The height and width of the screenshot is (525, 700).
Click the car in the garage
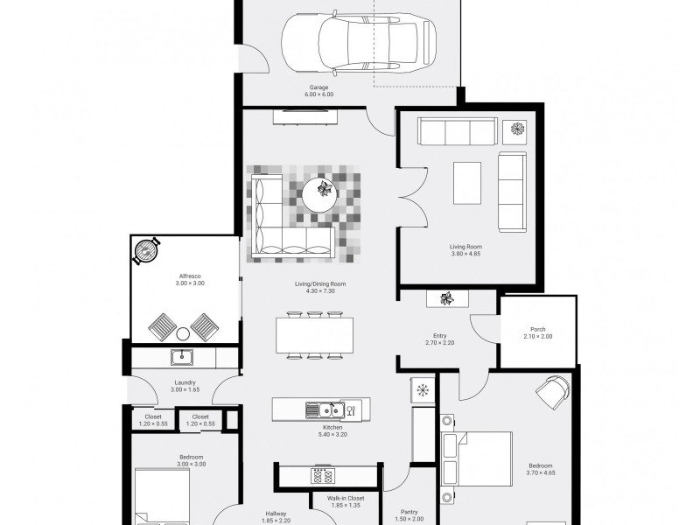358,42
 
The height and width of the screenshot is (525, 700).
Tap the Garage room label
318,87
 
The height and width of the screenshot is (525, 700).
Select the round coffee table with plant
319,195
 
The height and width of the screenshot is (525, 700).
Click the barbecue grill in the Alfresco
145,251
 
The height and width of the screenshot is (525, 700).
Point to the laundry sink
182,357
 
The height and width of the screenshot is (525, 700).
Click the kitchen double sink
325,409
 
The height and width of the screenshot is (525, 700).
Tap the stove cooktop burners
322,475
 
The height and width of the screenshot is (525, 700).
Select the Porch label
537,330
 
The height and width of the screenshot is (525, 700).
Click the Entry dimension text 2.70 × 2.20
440,343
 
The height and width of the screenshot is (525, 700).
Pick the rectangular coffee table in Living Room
467,183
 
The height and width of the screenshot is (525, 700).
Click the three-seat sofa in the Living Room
457,130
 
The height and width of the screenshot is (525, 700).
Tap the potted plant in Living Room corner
517,129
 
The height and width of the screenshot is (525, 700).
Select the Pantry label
409,512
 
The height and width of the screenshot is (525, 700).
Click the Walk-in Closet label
346,498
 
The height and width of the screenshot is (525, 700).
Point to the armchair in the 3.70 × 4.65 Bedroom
553,391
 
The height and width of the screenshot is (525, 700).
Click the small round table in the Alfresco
183,334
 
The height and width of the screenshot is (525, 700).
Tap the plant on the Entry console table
447,298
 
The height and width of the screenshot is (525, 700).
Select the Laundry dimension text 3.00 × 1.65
185,389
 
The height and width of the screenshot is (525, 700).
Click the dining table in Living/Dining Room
314,335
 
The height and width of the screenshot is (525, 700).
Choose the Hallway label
276,514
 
